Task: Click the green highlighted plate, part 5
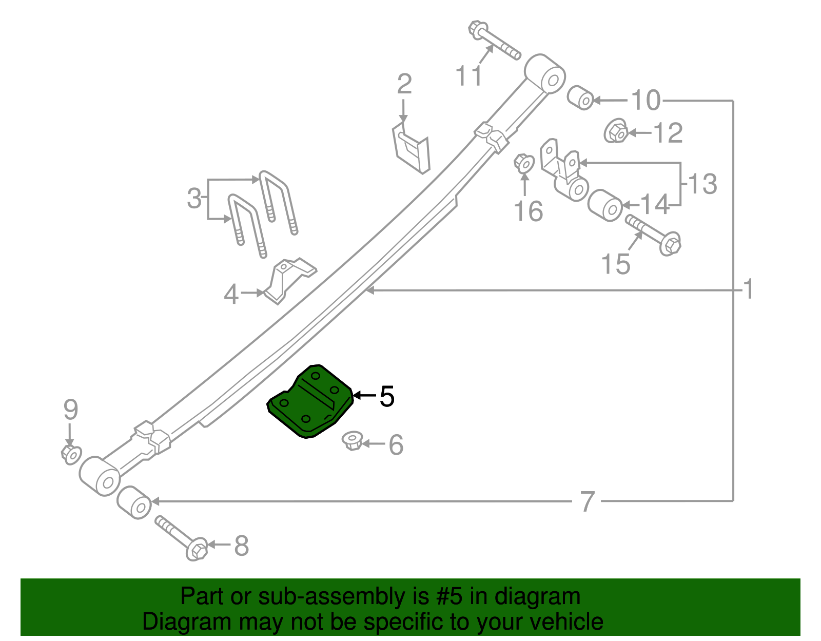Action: coord(310,403)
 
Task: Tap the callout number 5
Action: coord(387,396)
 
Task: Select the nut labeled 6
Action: coord(353,441)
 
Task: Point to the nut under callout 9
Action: coord(71,454)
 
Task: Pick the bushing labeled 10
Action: coord(580,98)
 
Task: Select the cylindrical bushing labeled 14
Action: coord(605,205)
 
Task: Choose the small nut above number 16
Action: coord(524,164)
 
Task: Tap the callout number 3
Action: coord(194,199)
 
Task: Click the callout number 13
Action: coord(702,184)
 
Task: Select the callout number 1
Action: coord(749,289)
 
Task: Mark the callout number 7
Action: coord(588,501)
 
